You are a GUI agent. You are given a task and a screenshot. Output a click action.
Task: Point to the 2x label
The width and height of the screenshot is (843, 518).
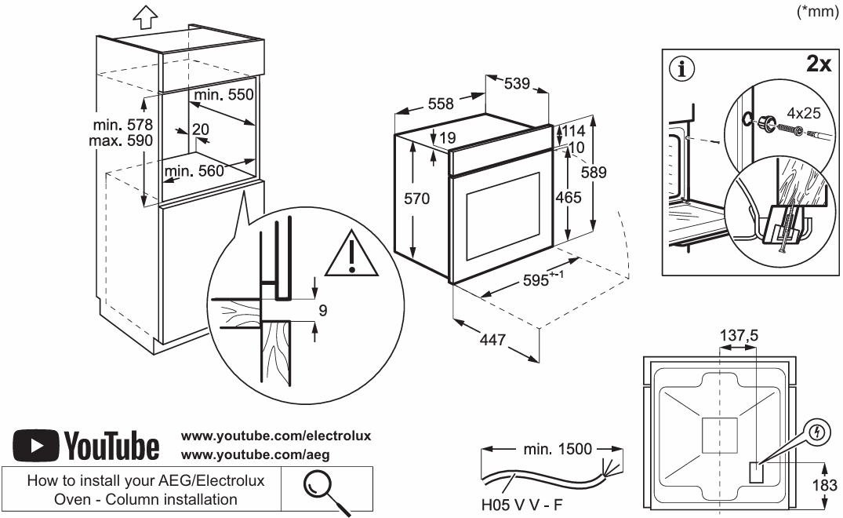[818, 64]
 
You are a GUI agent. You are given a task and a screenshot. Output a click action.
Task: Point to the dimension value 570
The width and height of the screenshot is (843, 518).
[416, 199]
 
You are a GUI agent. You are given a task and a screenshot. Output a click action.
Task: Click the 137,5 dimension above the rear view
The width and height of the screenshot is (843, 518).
[739, 336]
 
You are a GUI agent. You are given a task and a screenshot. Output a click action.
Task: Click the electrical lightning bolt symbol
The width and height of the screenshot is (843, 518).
[819, 432]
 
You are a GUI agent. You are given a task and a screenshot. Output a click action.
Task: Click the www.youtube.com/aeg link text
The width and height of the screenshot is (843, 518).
[254, 454]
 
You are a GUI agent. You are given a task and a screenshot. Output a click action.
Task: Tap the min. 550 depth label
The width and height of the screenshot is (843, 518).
[224, 94]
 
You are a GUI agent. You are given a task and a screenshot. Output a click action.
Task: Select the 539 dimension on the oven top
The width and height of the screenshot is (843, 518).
[517, 82]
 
